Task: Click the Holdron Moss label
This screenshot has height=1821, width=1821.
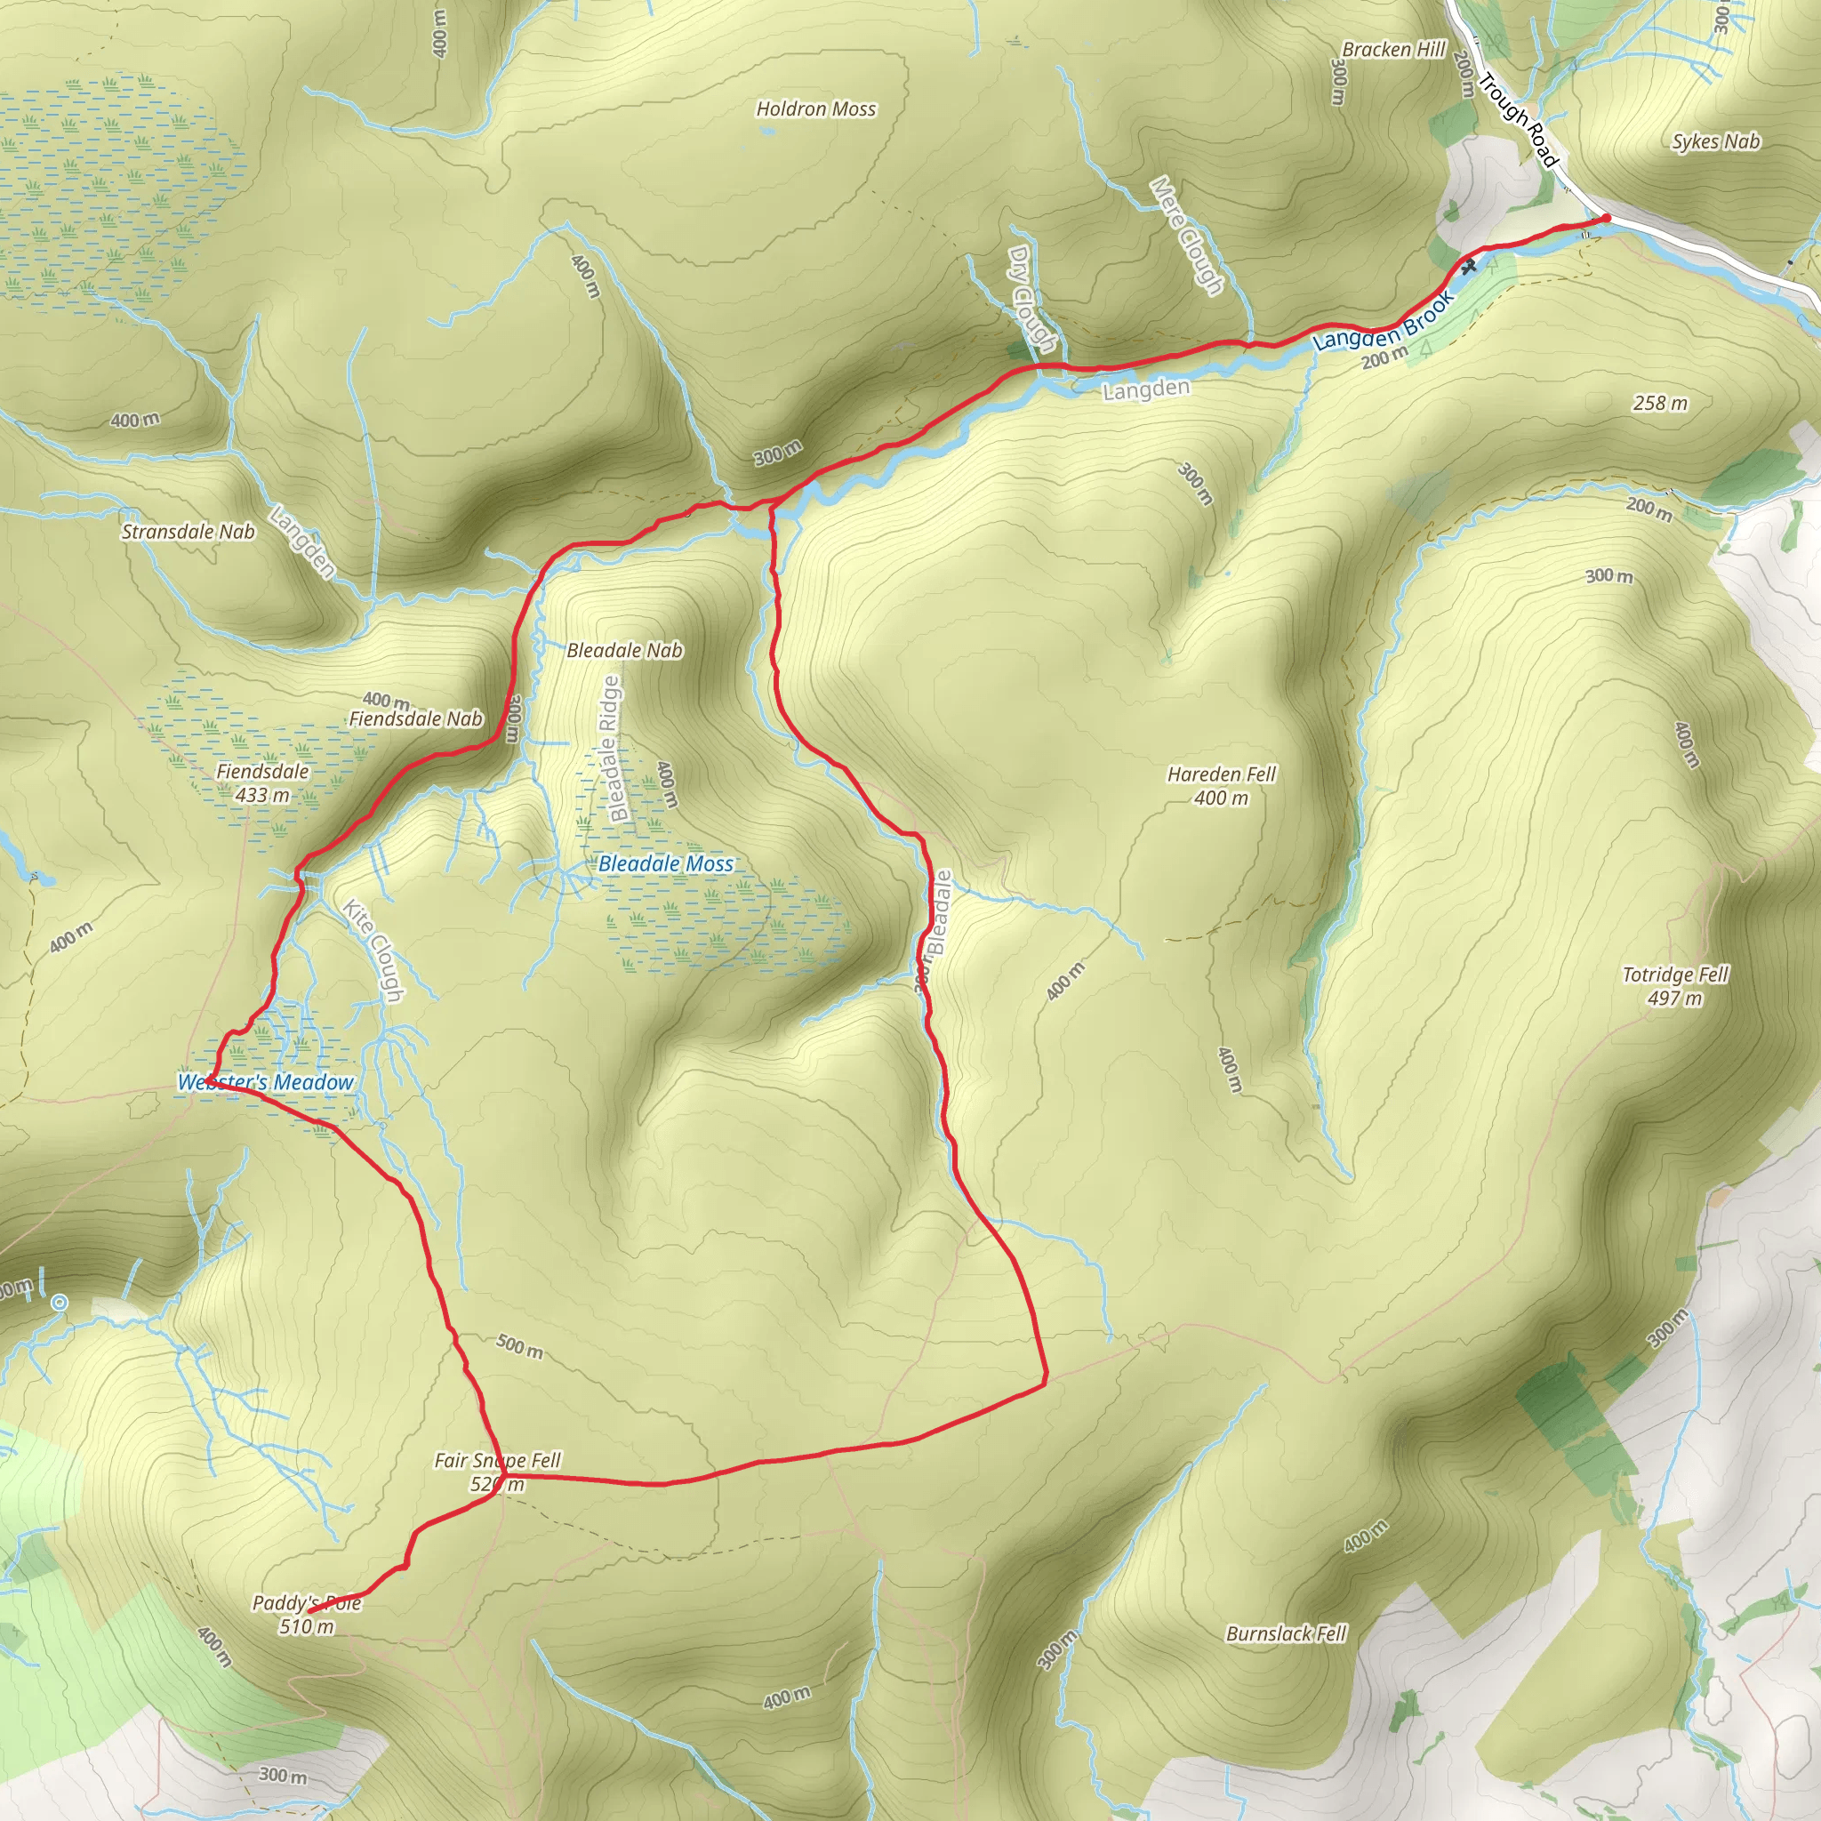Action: tap(816, 109)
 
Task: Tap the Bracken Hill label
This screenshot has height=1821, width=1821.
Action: tap(1393, 50)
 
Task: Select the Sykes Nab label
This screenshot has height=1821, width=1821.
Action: tap(1715, 141)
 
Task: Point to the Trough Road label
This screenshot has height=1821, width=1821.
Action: tap(1517, 120)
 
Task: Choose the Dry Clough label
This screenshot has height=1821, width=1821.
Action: tap(1031, 299)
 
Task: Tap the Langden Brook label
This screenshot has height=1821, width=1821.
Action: tap(1384, 321)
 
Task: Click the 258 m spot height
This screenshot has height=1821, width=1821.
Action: tap(1660, 404)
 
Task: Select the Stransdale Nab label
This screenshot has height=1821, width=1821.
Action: tap(189, 532)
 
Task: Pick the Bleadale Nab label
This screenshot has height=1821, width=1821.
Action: tap(624, 650)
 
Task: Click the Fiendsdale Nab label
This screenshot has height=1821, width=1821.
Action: tap(415, 719)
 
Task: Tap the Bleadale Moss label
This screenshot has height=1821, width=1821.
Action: tap(665, 863)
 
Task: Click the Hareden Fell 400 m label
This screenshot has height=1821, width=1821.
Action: tap(1222, 786)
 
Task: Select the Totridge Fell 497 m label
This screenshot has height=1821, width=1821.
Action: tap(1675, 986)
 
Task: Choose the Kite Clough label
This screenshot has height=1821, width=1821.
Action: tap(373, 951)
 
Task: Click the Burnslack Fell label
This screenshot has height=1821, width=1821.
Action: tap(1286, 1633)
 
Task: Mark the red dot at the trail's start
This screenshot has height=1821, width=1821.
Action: tap(1606, 220)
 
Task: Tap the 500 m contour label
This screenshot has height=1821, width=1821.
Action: tap(519, 1346)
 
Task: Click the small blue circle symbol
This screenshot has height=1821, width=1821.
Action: tap(60, 1303)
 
